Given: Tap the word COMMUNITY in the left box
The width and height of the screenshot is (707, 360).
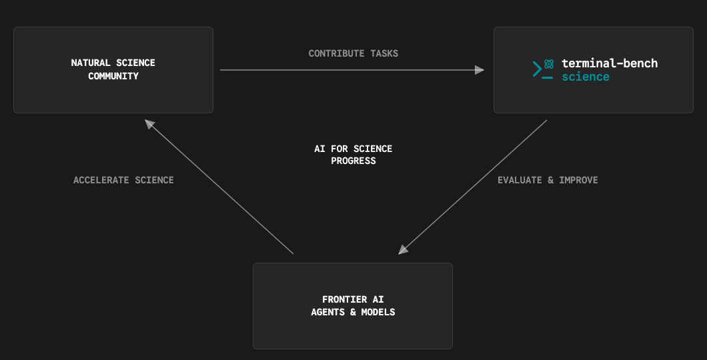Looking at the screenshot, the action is [113, 76].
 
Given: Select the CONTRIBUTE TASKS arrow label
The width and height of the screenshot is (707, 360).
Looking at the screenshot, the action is [353, 53].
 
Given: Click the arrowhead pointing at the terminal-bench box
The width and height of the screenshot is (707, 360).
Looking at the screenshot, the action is [480, 70].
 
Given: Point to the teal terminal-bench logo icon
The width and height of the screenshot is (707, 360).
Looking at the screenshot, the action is [543, 69].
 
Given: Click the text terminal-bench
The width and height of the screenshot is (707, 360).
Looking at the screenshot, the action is [610, 63].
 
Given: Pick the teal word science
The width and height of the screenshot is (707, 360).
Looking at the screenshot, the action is [585, 77].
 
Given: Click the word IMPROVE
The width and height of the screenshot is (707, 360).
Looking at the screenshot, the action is [578, 180].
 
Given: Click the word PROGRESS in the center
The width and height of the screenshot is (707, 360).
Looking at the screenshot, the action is [353, 161].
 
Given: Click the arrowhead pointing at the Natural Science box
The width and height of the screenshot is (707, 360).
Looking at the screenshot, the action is [149, 124].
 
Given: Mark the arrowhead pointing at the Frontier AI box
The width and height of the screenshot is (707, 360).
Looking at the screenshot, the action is [403, 249].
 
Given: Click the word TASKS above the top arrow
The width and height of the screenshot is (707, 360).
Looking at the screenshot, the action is [384, 53].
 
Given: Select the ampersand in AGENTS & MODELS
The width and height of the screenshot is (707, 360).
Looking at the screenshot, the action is [353, 312].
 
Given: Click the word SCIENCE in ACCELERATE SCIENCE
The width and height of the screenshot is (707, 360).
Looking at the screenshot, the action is [155, 180].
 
